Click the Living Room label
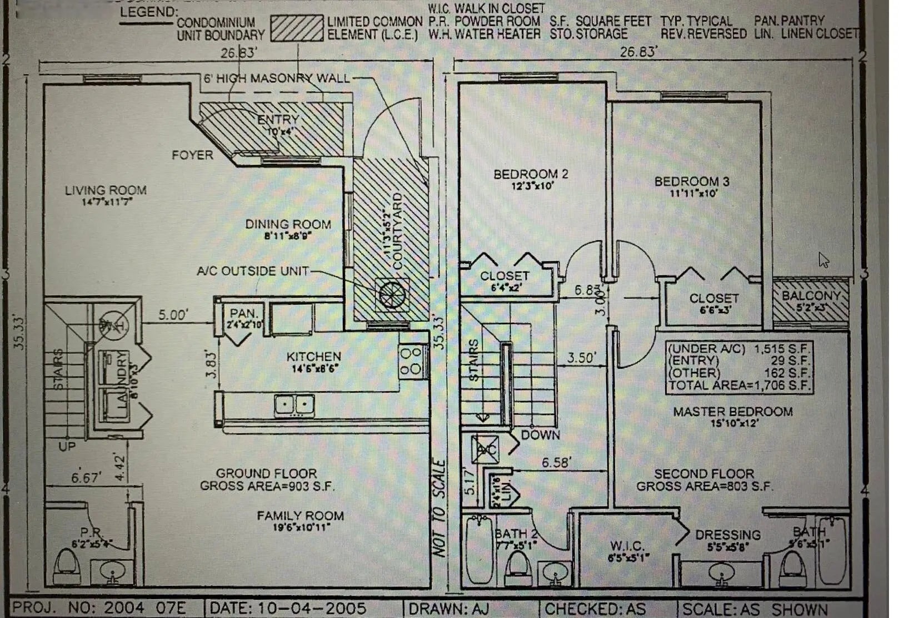point(106,191)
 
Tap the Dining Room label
point(288,224)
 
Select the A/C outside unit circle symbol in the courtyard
point(391,294)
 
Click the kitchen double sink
point(294,404)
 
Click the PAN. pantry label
point(243,314)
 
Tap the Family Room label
point(300,516)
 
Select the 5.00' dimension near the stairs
point(173,315)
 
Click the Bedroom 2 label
point(531,175)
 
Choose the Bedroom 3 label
point(692,182)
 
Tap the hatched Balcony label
point(811,296)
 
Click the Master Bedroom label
point(733,412)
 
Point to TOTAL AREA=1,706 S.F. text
point(740,385)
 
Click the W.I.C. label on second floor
point(627,546)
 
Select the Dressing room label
point(728,535)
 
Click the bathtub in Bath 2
point(478,551)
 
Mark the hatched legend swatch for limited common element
point(297,28)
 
